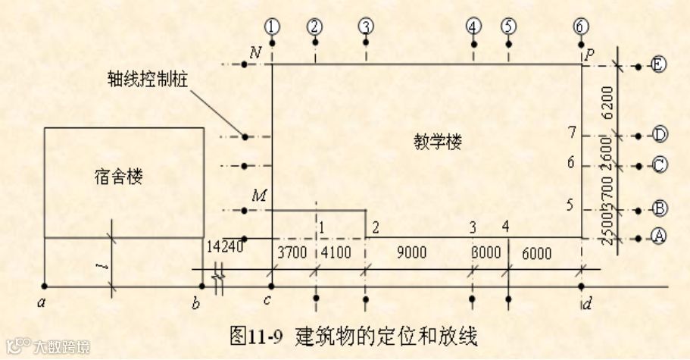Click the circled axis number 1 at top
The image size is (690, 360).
[272, 26]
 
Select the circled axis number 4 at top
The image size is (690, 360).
[473, 26]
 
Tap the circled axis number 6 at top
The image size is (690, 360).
[581, 26]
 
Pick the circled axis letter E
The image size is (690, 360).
[657, 66]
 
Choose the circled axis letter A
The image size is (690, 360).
[658, 236]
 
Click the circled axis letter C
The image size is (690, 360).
[659, 164]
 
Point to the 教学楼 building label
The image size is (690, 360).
[438, 141]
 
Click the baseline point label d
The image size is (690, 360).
[587, 305]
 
